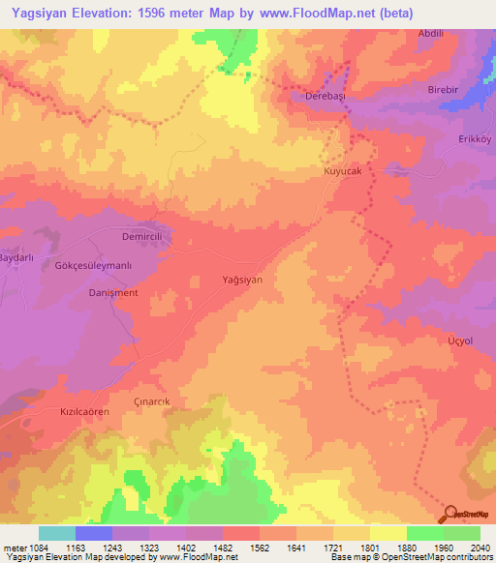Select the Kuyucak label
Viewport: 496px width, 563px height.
[x=341, y=170]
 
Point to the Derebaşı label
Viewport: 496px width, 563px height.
[x=324, y=98]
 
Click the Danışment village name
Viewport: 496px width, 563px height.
[x=113, y=292]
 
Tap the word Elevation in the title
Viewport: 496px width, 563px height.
[x=95, y=14]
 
